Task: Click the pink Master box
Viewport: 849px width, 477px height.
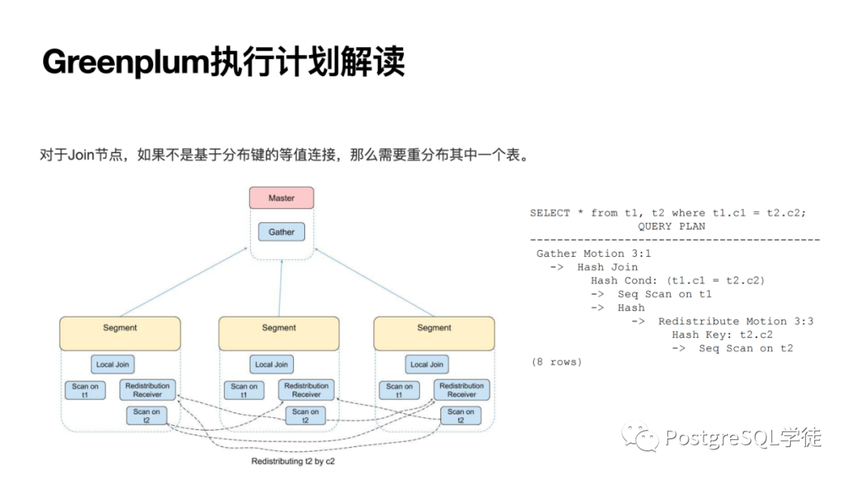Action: pos(281,198)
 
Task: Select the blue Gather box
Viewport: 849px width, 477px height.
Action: pos(281,232)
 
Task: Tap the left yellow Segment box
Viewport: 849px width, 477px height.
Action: pos(119,333)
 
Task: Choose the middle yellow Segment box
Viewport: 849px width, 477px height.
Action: pos(279,333)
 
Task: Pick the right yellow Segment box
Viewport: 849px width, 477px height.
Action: pos(434,333)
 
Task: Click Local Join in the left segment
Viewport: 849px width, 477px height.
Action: pos(112,365)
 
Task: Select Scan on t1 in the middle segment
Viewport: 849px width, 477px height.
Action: pos(244,391)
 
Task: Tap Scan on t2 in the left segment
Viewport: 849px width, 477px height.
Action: pos(147,416)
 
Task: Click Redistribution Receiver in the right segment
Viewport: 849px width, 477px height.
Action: pos(461,390)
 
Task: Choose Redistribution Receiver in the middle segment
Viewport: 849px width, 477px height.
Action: pos(306,390)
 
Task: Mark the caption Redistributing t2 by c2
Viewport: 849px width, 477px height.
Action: pos(292,461)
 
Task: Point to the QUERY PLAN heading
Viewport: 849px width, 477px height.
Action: pos(671,226)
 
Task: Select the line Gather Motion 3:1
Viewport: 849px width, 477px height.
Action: pos(594,254)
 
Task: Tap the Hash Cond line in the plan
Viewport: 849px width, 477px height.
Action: pos(678,281)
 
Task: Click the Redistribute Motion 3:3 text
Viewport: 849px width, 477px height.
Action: pos(736,321)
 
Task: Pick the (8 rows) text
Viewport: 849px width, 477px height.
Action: pos(557,362)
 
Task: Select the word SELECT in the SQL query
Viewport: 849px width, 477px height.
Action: pos(550,213)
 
